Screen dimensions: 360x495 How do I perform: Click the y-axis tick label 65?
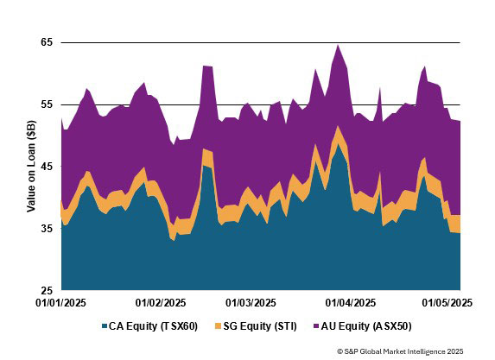47,42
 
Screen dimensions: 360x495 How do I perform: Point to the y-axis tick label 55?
47,104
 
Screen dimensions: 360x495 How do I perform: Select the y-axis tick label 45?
47,167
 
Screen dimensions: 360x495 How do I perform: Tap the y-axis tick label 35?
47,229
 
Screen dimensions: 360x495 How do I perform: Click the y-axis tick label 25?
47,290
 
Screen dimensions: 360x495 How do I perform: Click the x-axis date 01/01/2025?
60,303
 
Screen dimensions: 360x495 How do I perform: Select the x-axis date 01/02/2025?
162,303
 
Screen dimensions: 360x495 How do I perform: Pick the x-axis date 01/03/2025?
251,303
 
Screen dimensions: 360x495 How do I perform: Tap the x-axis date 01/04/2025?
350,303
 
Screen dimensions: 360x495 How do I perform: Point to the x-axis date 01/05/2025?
446,303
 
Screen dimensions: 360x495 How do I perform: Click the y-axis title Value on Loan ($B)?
30,167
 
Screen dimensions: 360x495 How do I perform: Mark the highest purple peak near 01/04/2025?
338,46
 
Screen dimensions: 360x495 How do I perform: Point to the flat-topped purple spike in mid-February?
207,67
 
